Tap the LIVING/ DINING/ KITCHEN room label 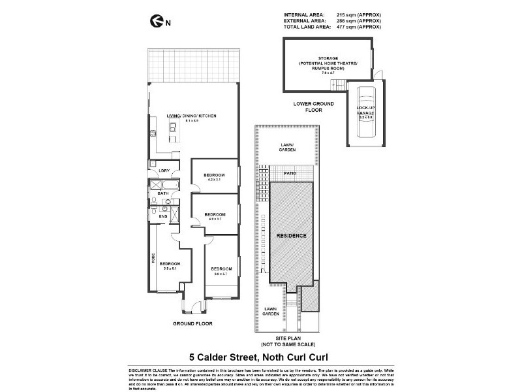(191, 116)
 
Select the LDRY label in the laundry (164, 171)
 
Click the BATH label (163, 193)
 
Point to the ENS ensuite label (162, 216)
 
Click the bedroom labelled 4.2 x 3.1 (214, 177)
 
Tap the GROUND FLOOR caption (192, 323)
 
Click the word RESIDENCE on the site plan (291, 235)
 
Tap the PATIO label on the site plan (290, 173)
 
